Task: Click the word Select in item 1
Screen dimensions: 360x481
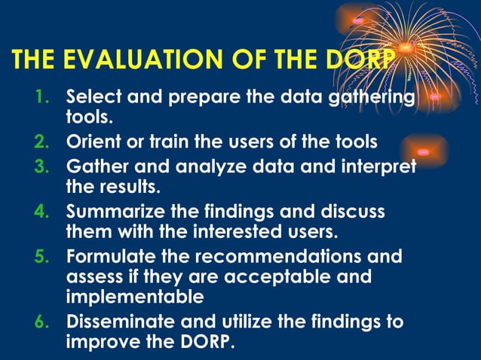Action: (91, 98)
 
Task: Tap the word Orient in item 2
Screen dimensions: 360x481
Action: (92, 142)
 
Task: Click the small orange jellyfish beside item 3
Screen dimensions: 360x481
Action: (425, 151)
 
